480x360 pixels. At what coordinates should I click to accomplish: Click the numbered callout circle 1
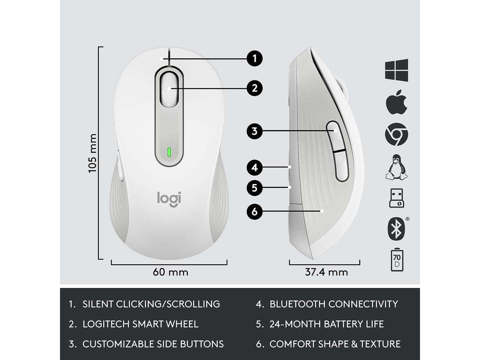click(255, 58)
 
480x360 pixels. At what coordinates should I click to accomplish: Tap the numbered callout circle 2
click(255, 88)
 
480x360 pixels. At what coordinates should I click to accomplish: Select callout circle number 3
click(255, 131)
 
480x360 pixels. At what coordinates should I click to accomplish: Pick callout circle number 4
click(255, 167)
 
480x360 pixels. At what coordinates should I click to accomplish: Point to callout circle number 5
click(255, 187)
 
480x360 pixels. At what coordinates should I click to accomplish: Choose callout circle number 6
click(255, 211)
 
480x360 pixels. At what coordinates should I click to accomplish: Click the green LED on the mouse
click(169, 152)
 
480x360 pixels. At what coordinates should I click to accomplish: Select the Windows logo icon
click(396, 69)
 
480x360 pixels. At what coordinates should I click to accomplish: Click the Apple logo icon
click(396, 102)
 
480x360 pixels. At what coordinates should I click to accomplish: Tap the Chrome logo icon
click(396, 134)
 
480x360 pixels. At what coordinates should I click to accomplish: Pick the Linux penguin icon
click(396, 166)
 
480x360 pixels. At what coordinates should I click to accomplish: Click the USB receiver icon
click(396, 198)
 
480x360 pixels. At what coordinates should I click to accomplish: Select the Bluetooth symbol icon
click(396, 228)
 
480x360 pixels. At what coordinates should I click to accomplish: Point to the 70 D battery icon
click(396, 259)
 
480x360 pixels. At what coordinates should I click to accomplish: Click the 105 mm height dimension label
click(92, 153)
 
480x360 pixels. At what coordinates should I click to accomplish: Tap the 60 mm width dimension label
click(170, 272)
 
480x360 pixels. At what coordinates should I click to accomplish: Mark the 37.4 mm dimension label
click(326, 272)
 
